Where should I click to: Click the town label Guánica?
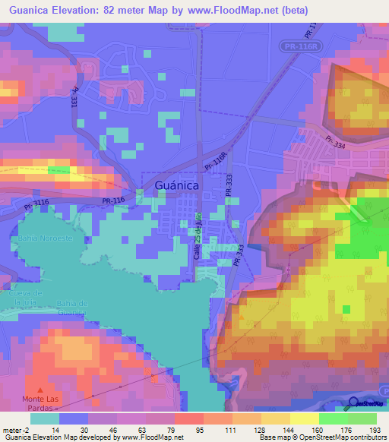(x=176, y=185)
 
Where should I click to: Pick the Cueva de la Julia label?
(x=25, y=297)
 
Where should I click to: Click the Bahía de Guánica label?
(x=73, y=308)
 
